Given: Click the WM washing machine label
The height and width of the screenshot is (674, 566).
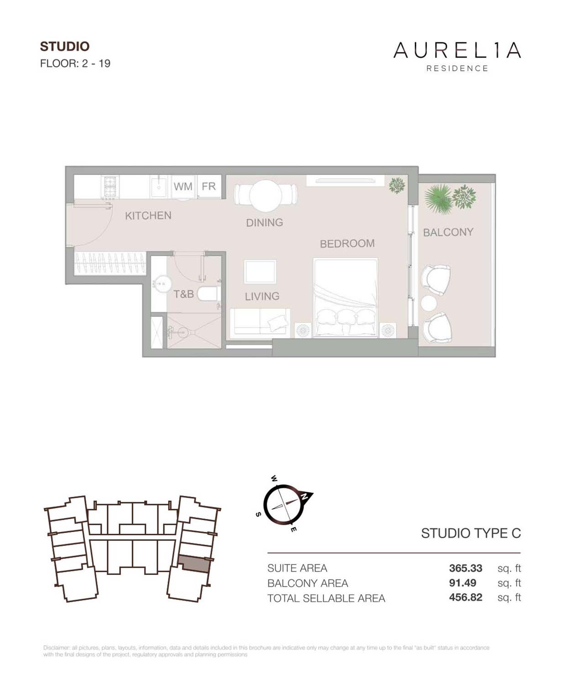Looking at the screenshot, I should [183, 187].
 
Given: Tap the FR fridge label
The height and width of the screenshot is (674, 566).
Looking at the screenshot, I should [209, 186].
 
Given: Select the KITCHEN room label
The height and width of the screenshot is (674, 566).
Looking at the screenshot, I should [148, 216].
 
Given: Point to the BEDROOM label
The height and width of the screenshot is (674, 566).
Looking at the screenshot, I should [347, 244].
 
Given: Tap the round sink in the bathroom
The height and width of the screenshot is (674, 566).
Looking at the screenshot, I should [160, 284].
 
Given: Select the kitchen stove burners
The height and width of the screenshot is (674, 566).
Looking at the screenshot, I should [110, 187].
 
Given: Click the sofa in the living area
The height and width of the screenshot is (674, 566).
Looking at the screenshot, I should [259, 322].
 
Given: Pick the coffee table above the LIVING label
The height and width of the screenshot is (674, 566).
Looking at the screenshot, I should [260, 272].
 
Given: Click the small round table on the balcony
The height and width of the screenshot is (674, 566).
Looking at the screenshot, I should [429, 303].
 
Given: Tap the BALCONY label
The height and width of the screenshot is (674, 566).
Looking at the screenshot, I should [448, 232].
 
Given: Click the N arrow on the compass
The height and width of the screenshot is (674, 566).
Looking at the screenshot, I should [305, 496].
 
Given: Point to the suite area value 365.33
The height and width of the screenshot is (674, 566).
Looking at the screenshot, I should [465, 568].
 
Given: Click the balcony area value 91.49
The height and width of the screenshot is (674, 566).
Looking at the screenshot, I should [462, 583].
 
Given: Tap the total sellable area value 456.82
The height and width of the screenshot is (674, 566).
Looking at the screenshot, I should [465, 598].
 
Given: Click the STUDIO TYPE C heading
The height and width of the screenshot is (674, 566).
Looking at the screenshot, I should [471, 533].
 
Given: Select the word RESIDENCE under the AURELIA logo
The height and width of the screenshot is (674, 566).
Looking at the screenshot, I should [457, 68].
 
